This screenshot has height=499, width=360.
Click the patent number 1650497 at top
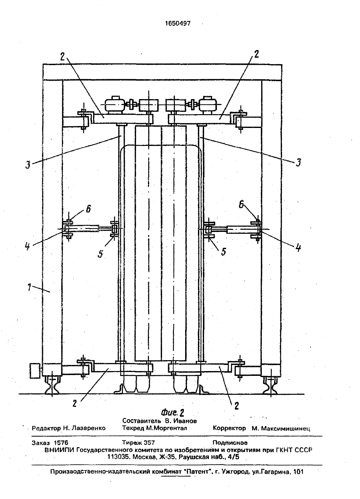click(x=178, y=23)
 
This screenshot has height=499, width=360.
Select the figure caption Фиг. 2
click(x=173, y=413)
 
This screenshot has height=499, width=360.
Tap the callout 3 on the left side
click(x=28, y=165)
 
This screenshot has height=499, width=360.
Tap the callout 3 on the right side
click(x=298, y=163)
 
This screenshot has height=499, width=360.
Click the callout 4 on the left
click(x=28, y=247)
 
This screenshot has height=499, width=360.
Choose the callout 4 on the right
click(x=298, y=248)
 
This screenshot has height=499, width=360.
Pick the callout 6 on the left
click(x=89, y=209)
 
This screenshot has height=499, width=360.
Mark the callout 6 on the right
click(x=242, y=205)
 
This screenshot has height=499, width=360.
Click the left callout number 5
click(x=100, y=254)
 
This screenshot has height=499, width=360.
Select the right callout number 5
click(x=224, y=252)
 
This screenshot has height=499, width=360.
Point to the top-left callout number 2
click(x=63, y=57)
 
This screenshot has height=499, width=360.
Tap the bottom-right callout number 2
click(x=236, y=406)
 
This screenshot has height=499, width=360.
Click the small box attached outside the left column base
click(x=35, y=371)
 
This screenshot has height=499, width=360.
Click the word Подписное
click(x=230, y=443)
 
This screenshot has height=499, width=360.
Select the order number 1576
click(x=61, y=443)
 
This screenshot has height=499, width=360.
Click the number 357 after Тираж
click(x=149, y=443)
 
